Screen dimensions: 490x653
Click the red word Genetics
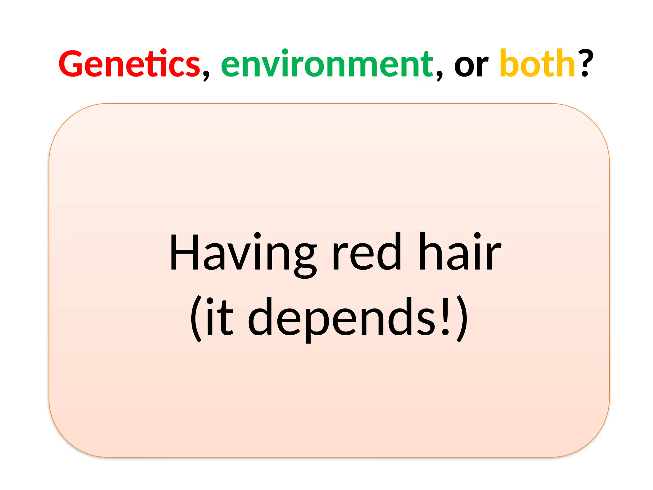pyautogui.click(x=129, y=64)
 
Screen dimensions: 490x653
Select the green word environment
pyautogui.click(x=327, y=64)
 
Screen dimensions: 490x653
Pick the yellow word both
pyautogui.click(x=537, y=63)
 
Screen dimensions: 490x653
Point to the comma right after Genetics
pyautogui.click(x=206, y=75)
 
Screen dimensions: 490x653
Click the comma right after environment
pyautogui.click(x=439, y=75)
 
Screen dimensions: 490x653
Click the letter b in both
pyautogui.click(x=509, y=63)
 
